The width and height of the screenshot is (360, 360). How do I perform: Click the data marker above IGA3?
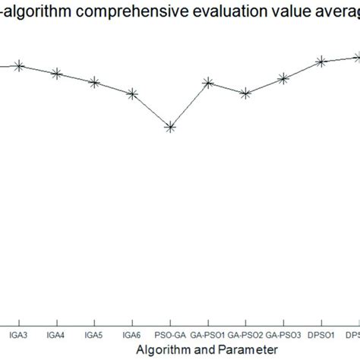pyautogui.click(x=19, y=66)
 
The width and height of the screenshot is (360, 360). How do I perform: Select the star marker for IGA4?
pyautogui.click(x=56, y=74)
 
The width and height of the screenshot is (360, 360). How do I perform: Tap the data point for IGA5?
pyautogui.click(x=94, y=82)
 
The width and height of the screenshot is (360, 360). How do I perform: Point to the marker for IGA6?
pyautogui.click(x=132, y=94)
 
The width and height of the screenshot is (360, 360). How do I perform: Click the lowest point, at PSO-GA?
pyautogui.click(x=170, y=128)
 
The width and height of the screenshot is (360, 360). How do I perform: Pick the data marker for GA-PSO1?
pyautogui.click(x=208, y=82)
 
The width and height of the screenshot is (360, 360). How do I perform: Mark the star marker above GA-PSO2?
pyautogui.click(x=245, y=93)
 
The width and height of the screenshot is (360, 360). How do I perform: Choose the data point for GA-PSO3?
pyautogui.click(x=283, y=78)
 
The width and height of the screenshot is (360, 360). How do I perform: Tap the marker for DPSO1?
pyautogui.click(x=321, y=62)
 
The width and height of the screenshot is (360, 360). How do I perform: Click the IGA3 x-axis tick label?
pyautogui.click(x=19, y=333)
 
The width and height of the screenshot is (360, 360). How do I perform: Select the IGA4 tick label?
pyautogui.click(x=56, y=333)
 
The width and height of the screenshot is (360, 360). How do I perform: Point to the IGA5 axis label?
pyautogui.click(x=94, y=333)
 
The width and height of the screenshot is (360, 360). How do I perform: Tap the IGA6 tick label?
pyautogui.click(x=132, y=333)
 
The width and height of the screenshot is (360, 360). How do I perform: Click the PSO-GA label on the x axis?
pyautogui.click(x=170, y=333)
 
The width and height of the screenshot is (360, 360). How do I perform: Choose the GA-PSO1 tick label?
pyautogui.click(x=208, y=333)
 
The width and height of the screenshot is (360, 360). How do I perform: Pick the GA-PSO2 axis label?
pyautogui.click(x=245, y=333)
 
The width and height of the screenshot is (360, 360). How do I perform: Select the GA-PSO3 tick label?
pyautogui.click(x=283, y=333)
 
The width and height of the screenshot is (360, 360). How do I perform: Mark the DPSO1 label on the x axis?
pyautogui.click(x=321, y=333)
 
